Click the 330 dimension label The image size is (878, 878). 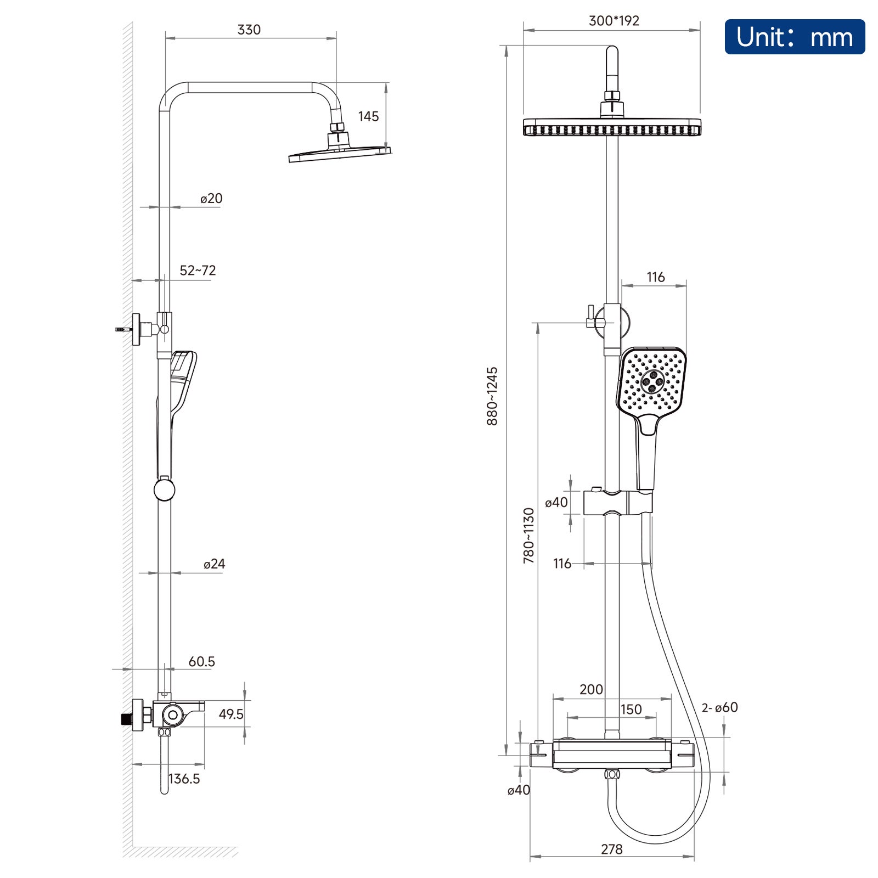[249, 30]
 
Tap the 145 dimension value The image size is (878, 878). [368, 116]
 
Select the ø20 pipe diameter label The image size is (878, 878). [211, 198]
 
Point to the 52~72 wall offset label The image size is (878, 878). [198, 270]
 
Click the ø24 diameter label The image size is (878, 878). [214, 564]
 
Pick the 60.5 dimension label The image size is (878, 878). [201, 661]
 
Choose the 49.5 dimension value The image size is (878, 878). [231, 714]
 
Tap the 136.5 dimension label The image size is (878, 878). [184, 778]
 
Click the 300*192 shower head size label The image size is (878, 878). [614, 21]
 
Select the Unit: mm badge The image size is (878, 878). [795, 37]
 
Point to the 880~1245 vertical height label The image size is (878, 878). [492, 396]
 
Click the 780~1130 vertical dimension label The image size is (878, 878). [528, 536]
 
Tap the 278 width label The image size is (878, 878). [611, 849]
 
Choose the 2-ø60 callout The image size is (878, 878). [720, 707]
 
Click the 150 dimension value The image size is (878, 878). [631, 710]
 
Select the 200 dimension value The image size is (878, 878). [591, 689]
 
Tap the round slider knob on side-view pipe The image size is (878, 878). [164, 489]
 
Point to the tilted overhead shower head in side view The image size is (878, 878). [340, 154]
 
